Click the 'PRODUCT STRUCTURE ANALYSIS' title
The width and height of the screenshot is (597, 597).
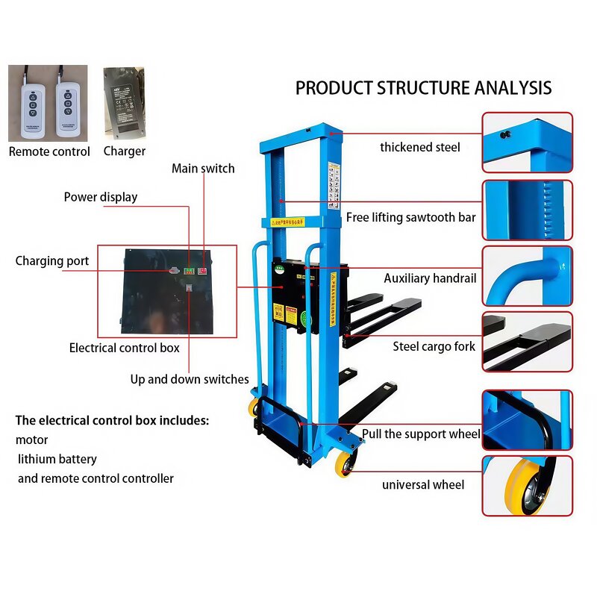423,88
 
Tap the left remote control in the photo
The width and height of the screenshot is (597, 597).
29,105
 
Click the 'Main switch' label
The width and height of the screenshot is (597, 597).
203,169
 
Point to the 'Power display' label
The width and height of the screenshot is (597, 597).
100,197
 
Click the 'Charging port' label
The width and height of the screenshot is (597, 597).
52,261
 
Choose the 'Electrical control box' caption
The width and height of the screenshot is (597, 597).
124,348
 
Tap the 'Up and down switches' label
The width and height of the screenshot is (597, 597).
190,379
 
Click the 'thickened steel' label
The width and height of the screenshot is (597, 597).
420,147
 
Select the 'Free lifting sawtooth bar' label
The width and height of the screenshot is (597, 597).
410,218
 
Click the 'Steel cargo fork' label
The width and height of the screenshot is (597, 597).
434,346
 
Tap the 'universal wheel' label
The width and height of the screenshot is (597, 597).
423,485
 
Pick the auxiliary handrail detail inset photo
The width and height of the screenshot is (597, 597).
527,275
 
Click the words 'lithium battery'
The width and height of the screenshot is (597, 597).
57,459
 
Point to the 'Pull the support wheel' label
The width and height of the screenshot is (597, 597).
421,434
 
